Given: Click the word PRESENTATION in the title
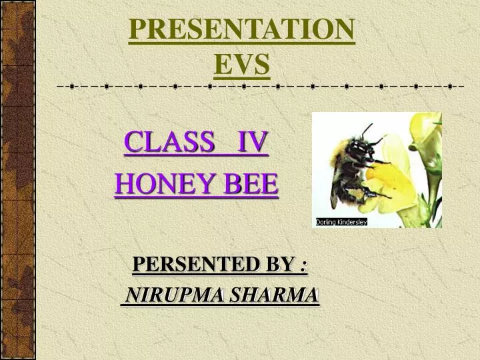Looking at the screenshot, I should [241, 30].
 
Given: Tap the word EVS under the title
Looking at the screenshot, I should [241, 64].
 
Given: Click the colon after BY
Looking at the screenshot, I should [303, 266].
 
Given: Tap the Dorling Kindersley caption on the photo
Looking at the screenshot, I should [341, 222].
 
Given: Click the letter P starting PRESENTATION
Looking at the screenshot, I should [137, 30].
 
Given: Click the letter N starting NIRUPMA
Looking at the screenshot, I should [133, 295].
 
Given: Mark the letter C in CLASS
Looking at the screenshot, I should [133, 142].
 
